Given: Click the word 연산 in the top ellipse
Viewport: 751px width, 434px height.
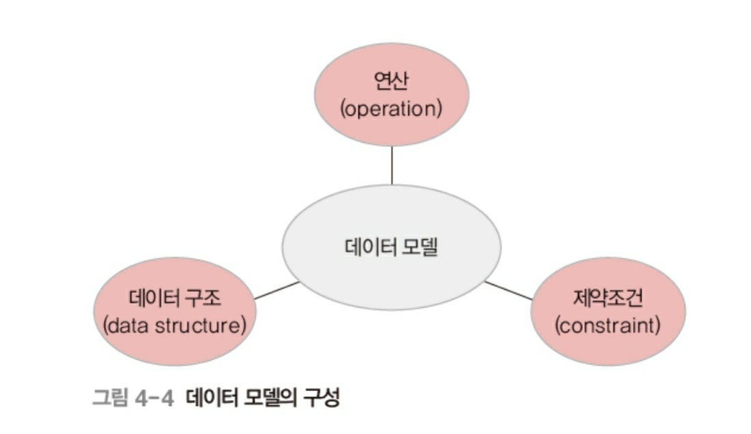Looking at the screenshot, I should [392, 82].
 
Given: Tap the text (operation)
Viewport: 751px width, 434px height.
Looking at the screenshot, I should [392, 108].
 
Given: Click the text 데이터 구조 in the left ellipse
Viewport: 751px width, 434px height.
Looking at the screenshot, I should [175, 298].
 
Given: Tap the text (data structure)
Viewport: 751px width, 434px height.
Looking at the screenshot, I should [175, 325].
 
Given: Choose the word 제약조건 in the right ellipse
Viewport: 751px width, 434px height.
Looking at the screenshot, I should [608, 298].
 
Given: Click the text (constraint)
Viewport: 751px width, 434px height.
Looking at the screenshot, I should [608, 325].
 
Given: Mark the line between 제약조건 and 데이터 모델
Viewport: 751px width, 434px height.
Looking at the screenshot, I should [508, 290].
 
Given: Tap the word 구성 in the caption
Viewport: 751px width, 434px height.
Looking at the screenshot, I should [322, 398].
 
